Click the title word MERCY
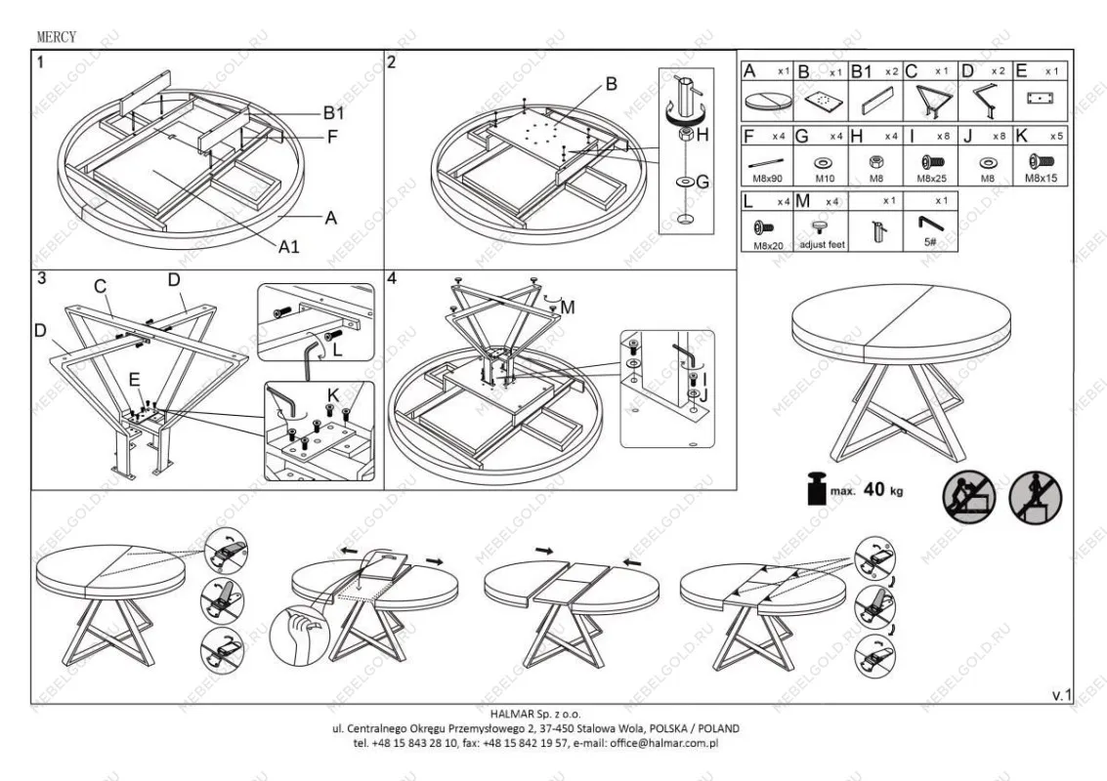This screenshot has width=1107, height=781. [x=56, y=37]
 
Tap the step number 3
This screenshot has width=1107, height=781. [x=41, y=278]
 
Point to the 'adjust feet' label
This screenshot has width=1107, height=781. [x=822, y=245]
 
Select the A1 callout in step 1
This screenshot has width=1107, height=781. [x=288, y=247]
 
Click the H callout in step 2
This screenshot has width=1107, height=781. [x=702, y=135]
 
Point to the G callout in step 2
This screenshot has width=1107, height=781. [x=702, y=181]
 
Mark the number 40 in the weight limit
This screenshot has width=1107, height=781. [x=874, y=489]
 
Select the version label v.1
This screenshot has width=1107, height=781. [x=1061, y=694]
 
